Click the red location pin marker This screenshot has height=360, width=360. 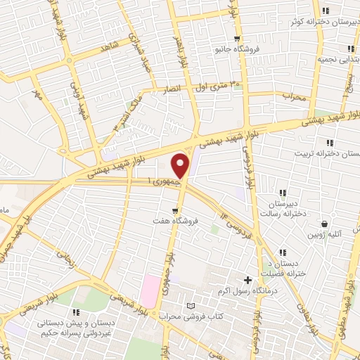coord(181,165)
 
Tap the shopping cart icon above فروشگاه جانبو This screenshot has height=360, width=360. coord(238,39)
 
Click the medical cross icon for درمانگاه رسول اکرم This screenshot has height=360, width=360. coord(247,280)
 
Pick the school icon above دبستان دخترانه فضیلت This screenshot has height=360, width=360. coord(283,252)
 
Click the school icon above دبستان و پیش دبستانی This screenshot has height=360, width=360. coord(76,311)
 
